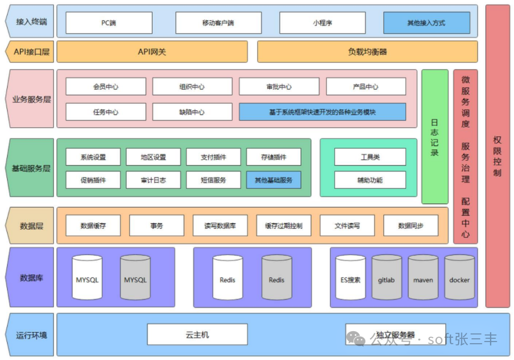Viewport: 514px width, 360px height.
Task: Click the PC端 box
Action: (109, 23)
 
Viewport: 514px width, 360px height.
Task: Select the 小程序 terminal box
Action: (322, 23)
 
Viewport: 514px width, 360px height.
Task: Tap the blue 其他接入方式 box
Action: (427, 23)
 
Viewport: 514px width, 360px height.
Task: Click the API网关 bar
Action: (152, 52)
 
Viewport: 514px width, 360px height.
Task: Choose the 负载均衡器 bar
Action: (367, 52)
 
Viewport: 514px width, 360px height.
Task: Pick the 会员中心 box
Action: (106, 86)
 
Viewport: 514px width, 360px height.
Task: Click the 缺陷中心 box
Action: (192, 112)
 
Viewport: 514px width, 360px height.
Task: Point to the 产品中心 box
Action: (366, 86)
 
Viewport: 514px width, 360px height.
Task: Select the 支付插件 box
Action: (213, 157)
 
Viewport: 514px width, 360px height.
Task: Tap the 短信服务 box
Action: (213, 180)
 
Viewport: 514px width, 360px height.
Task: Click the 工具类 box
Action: (370, 157)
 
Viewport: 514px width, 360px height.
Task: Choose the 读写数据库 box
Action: (220, 225)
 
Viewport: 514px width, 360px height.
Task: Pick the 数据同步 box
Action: (411, 225)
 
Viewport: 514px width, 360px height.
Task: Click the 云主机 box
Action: (197, 334)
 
